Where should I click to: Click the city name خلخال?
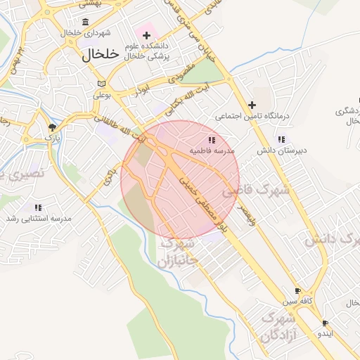click(x=101, y=56)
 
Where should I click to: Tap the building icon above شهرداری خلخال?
click(x=85, y=22)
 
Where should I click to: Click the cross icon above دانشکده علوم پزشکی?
click(x=146, y=35)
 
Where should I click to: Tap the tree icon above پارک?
click(x=52, y=127)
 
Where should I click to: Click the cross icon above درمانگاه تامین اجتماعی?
click(x=252, y=104)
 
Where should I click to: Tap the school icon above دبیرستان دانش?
click(x=282, y=139)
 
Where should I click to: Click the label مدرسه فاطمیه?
click(x=214, y=151)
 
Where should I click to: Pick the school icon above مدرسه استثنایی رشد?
click(x=38, y=207)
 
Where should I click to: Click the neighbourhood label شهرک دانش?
click(x=331, y=240)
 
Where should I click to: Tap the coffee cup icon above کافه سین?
click(x=297, y=290)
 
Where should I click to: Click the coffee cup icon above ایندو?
click(x=324, y=323)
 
